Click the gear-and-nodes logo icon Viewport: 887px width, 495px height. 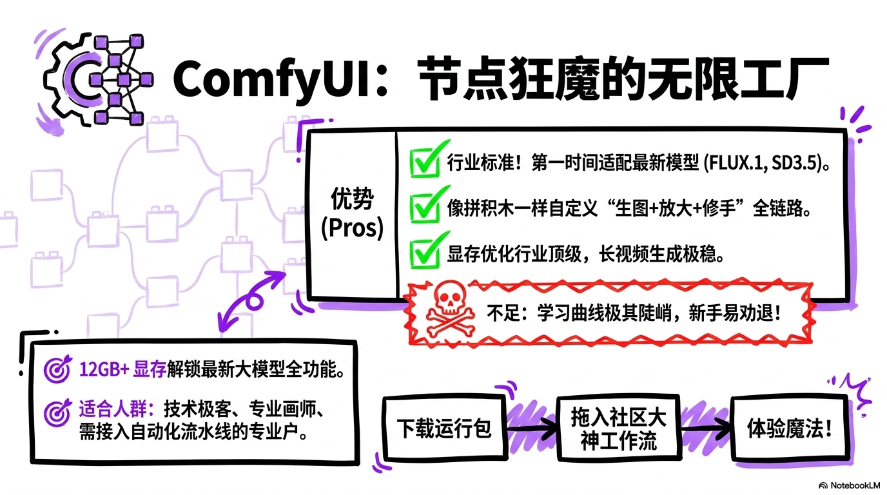(97, 79)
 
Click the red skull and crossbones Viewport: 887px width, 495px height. (450, 309)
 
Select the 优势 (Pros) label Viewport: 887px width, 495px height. (352, 214)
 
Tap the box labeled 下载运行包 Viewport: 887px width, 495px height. (445, 429)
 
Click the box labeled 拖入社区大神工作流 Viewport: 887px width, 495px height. (619, 429)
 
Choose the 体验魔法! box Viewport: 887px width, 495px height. (790, 429)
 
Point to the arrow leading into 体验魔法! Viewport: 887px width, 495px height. (706, 429)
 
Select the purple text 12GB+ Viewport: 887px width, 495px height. (104, 369)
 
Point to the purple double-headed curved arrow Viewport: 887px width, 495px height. (253, 299)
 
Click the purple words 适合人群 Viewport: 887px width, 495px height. (113, 409)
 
